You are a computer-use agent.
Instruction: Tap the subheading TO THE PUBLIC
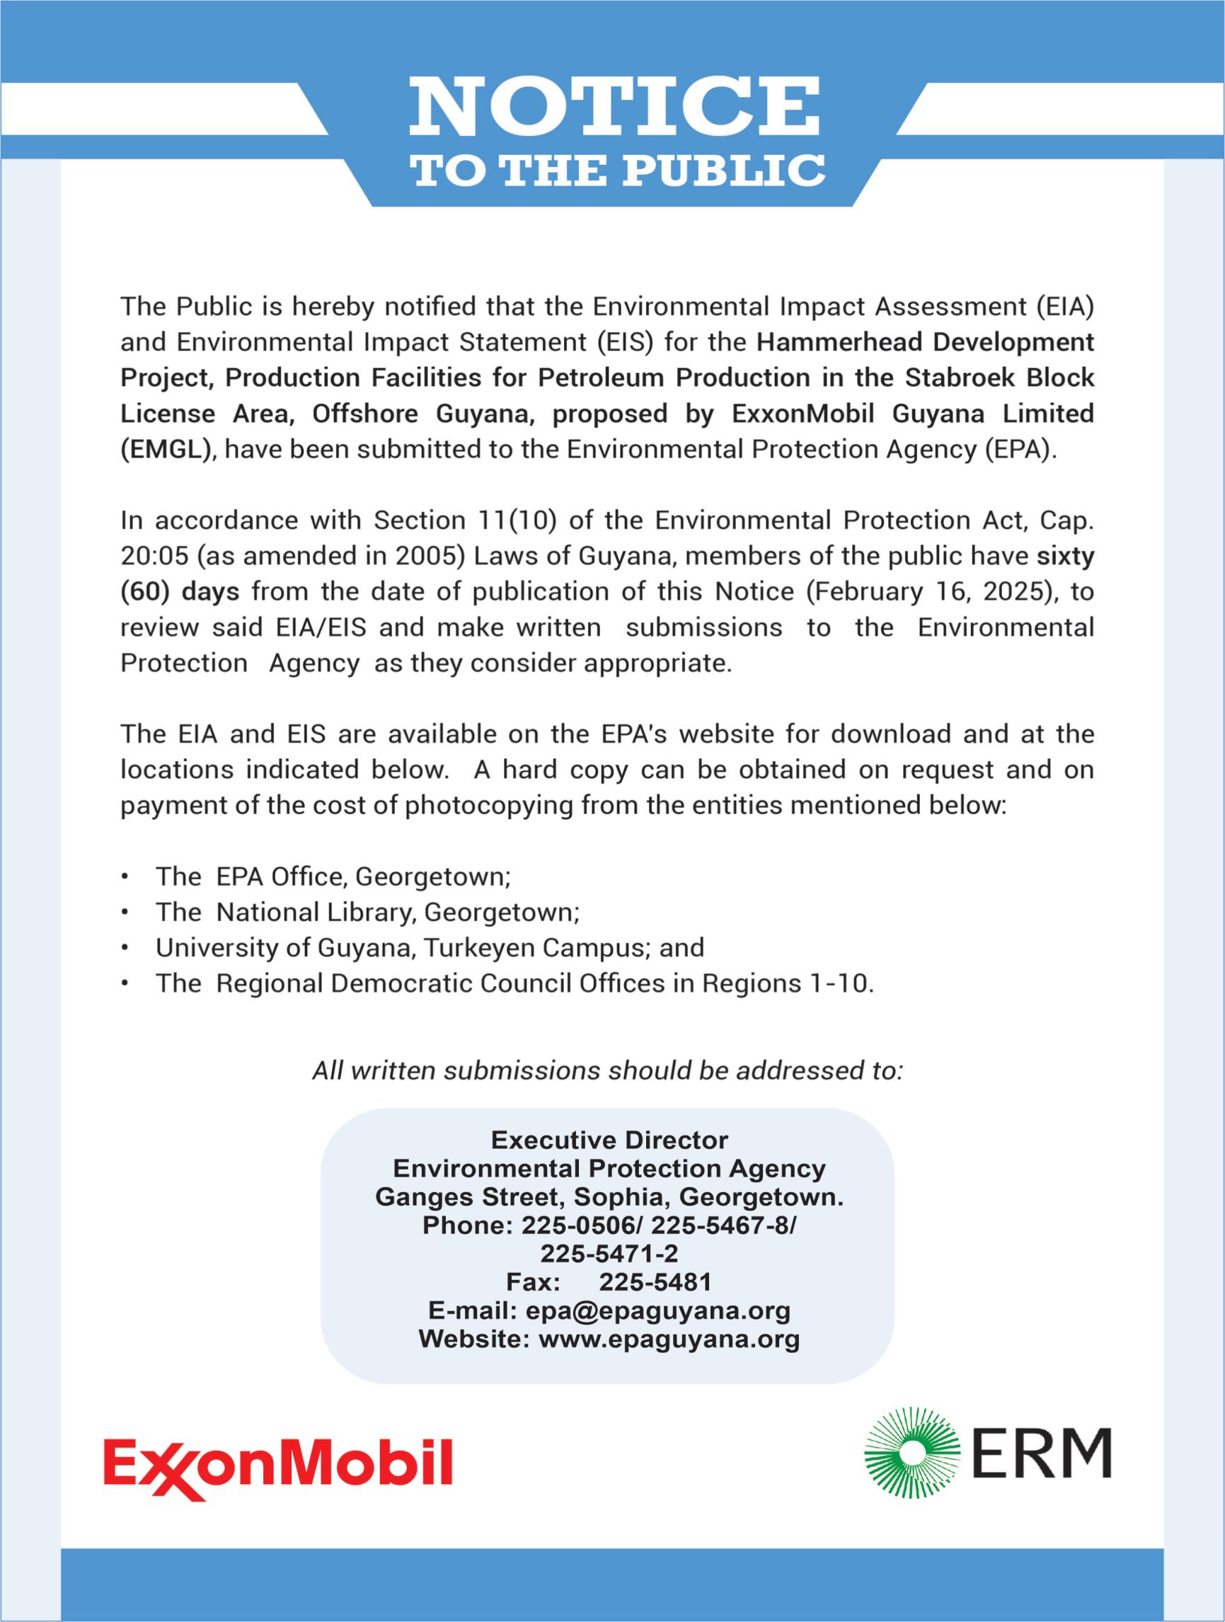click(619, 170)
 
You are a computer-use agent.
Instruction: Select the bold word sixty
click(1064, 556)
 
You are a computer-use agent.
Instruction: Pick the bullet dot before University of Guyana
click(127, 948)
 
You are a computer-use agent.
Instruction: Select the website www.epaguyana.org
click(669, 1339)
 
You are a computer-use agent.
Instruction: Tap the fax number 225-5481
click(655, 1281)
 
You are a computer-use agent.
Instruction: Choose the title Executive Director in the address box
click(609, 1140)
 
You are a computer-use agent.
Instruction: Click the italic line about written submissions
click(607, 1071)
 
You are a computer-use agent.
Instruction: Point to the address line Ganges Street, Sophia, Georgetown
click(609, 1196)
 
